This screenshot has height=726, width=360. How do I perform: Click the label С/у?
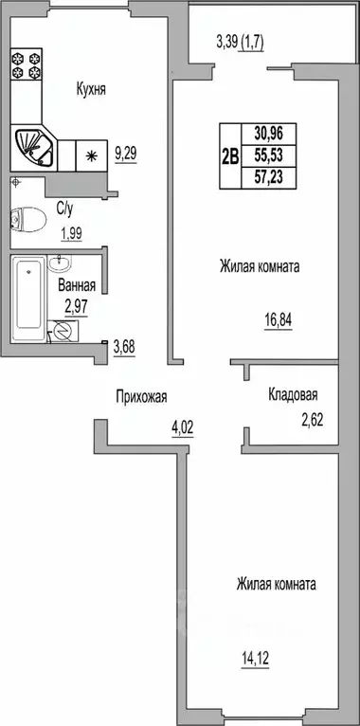[66, 209]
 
